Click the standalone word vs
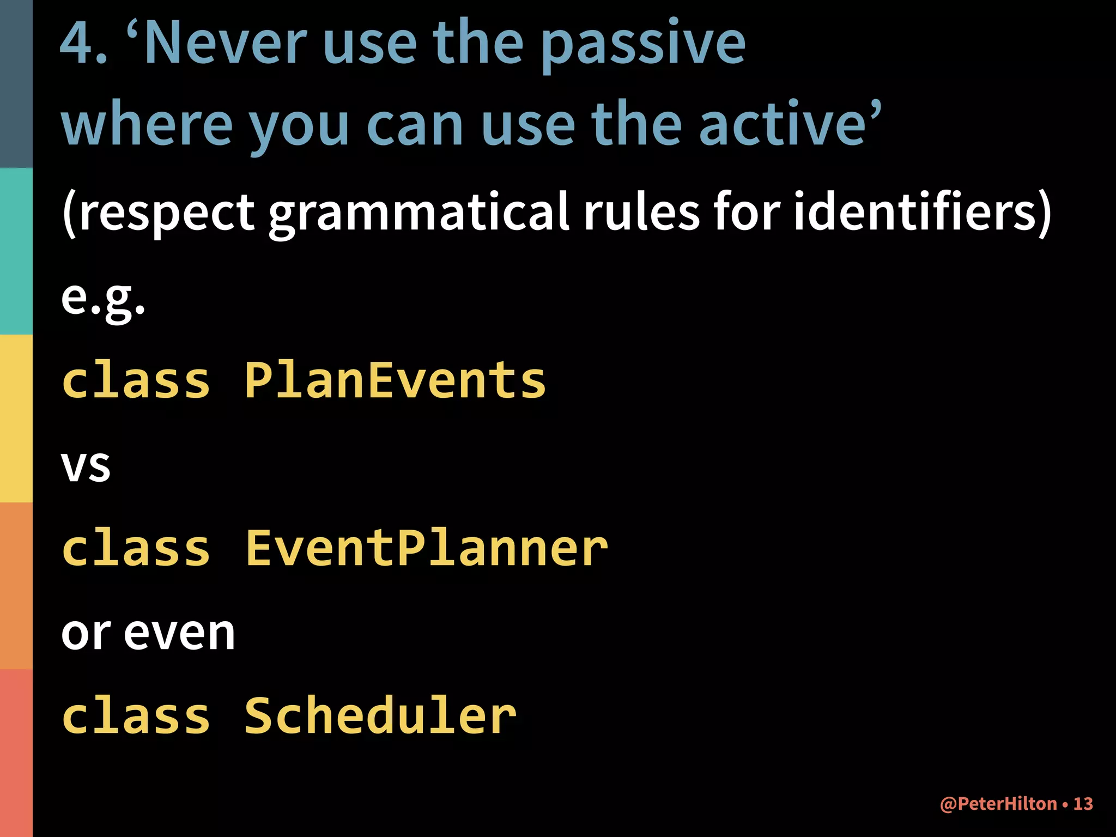pyautogui.click(x=86, y=466)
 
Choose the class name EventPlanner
pyautogui.click(x=426, y=548)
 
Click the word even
pyautogui.click(x=180, y=633)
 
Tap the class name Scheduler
pyautogui.click(x=380, y=716)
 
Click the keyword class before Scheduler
pyautogui.click(x=136, y=716)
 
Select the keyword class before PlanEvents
pyautogui.click(x=136, y=380)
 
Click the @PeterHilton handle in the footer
pyautogui.click(x=998, y=804)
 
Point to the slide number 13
pyautogui.click(x=1083, y=804)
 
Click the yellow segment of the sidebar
pyautogui.click(x=16, y=418)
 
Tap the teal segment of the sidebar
pyautogui.click(x=16, y=251)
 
